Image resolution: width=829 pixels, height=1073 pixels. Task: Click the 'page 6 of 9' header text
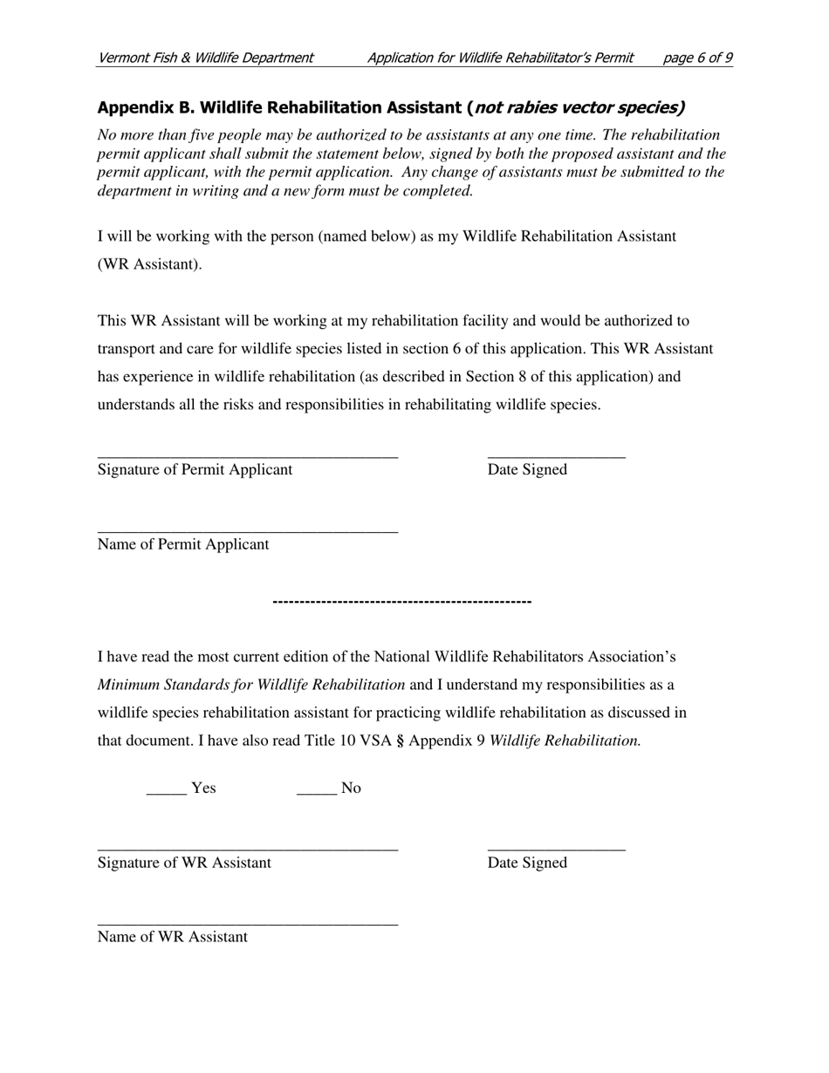(x=697, y=58)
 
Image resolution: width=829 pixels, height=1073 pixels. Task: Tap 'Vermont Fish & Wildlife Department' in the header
(x=205, y=58)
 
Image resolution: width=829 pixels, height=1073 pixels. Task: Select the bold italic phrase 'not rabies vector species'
(x=577, y=108)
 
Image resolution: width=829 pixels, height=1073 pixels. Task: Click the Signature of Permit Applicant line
(x=247, y=454)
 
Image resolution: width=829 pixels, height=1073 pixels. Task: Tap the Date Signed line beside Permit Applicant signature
(x=556, y=454)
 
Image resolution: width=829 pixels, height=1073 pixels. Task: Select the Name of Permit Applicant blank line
(x=247, y=530)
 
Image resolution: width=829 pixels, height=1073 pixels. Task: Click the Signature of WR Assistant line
(x=247, y=847)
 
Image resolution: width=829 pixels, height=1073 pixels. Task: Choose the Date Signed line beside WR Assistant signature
(x=556, y=847)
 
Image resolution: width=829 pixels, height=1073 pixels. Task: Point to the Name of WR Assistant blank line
(x=247, y=922)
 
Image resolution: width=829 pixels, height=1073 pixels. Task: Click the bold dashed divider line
(x=402, y=602)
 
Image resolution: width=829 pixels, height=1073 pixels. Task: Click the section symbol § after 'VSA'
(x=400, y=741)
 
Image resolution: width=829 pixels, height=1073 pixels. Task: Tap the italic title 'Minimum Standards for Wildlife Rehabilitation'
(x=251, y=685)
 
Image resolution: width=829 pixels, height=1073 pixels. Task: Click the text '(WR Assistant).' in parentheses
(x=149, y=264)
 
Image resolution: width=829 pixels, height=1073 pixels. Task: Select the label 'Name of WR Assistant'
(x=173, y=937)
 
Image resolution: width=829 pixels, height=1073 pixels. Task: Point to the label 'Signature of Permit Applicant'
(x=195, y=469)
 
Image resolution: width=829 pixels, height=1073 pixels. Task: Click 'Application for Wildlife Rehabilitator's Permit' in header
(x=500, y=58)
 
